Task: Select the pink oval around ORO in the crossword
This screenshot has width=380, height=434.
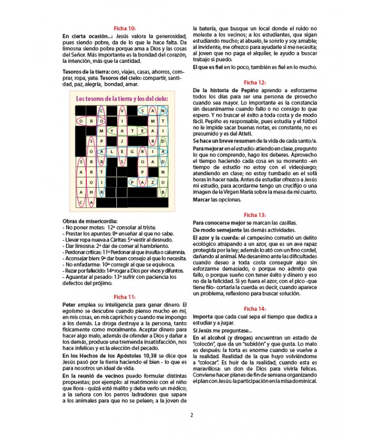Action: coord(87,121)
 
